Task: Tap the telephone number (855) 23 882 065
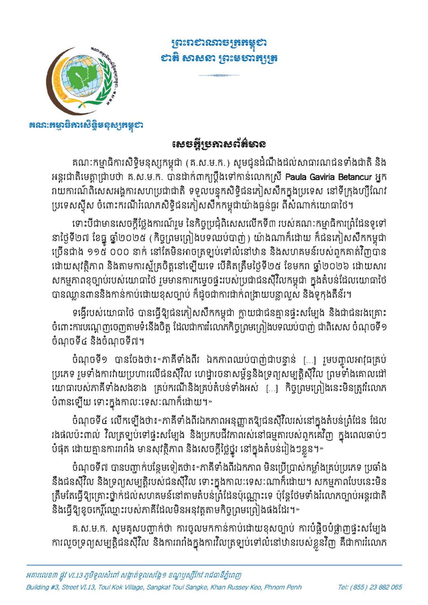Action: pyautogui.click(x=370, y=588)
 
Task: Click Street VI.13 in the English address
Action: pyautogui.click(x=80, y=588)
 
